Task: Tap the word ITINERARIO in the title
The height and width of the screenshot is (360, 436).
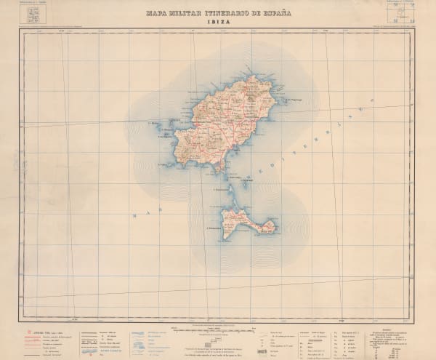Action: click(x=225, y=13)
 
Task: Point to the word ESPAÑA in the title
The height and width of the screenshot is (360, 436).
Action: click(x=276, y=13)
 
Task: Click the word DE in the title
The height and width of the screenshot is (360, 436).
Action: click(x=254, y=13)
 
